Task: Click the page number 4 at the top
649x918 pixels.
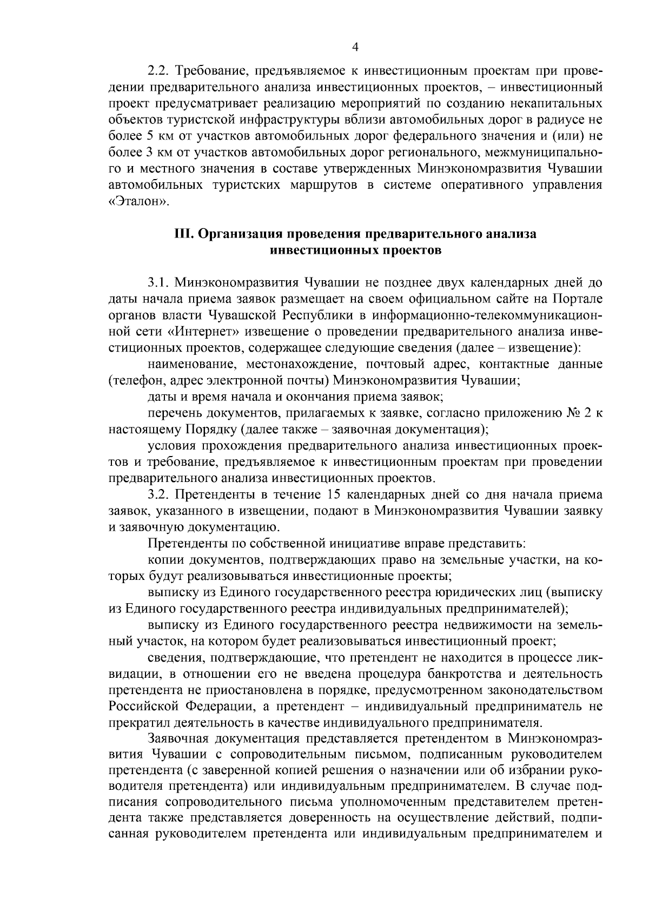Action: tap(355, 47)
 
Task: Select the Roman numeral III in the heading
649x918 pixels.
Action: tap(180, 234)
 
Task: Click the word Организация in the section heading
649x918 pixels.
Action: tap(230, 234)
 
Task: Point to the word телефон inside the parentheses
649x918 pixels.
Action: tap(132, 380)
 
